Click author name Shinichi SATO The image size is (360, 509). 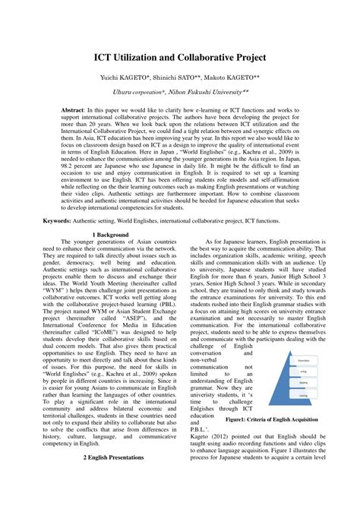(x=183, y=78)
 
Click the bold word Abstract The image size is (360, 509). (x=76, y=110)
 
